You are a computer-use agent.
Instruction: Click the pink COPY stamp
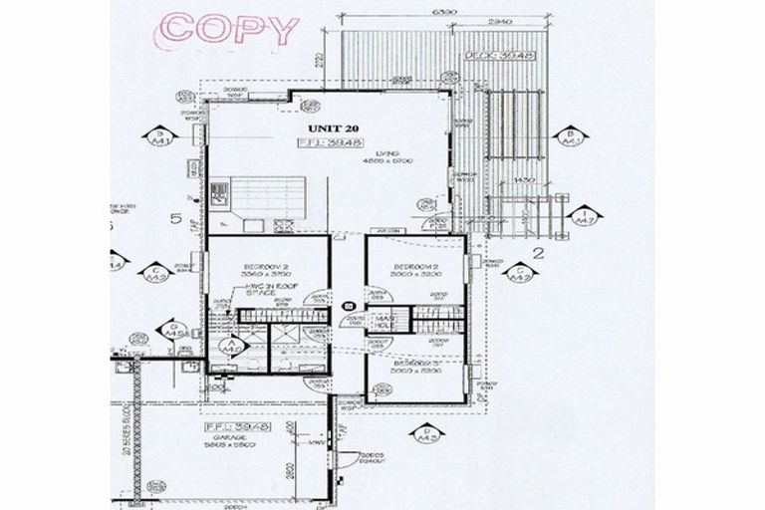click(229, 28)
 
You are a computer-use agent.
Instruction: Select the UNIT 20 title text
click(331, 128)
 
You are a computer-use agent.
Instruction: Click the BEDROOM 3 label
click(417, 366)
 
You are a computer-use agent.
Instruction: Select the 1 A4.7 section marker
click(585, 215)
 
